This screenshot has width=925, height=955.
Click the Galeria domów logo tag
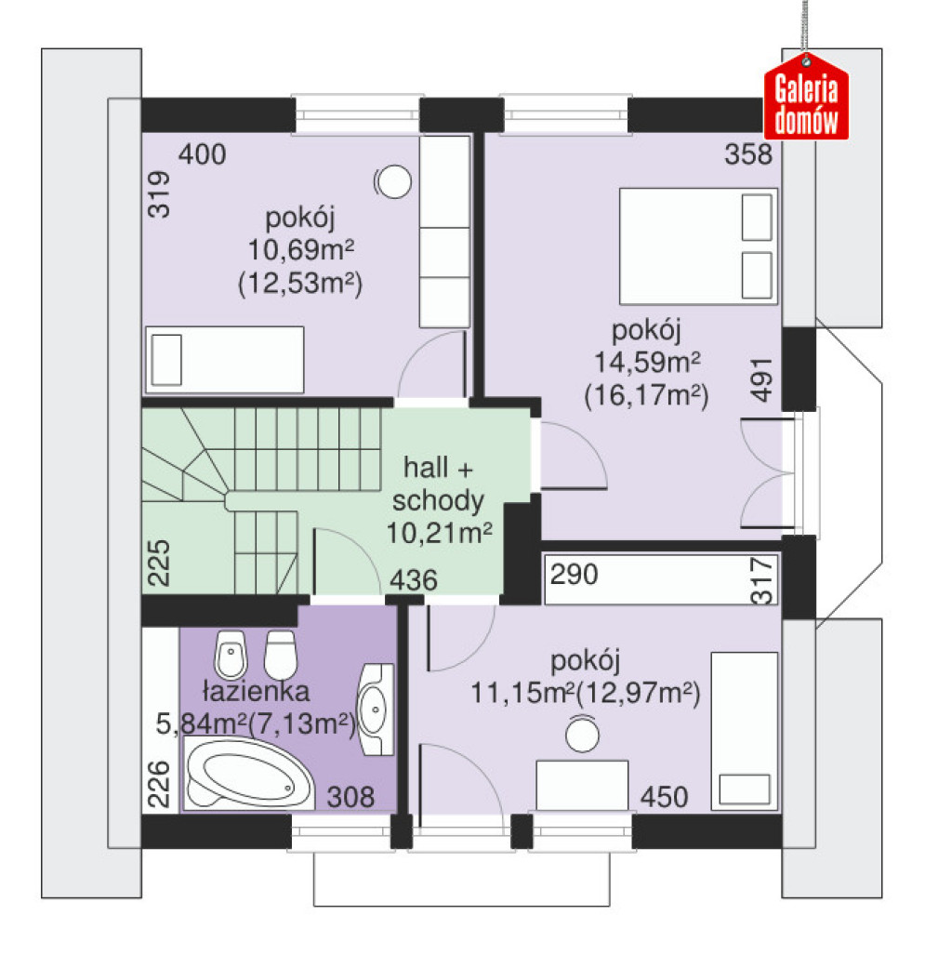(x=806, y=98)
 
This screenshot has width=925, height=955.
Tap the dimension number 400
(x=202, y=154)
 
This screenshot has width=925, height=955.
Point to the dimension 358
(x=748, y=154)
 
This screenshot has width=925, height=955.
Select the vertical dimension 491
(x=761, y=379)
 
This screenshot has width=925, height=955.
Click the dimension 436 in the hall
(x=414, y=580)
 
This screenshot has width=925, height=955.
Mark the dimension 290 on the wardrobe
(x=575, y=575)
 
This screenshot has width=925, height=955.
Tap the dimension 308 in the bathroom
(x=350, y=797)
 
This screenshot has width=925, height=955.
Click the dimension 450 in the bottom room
(x=665, y=797)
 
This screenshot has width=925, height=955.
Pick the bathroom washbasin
(x=375, y=710)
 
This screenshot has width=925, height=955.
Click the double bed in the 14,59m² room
(x=698, y=246)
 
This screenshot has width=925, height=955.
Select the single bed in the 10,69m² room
(x=225, y=359)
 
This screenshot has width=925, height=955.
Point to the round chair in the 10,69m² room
(x=393, y=181)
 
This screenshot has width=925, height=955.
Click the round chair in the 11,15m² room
(x=582, y=734)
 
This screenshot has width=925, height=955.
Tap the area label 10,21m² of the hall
(x=440, y=533)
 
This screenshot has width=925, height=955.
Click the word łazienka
(x=256, y=691)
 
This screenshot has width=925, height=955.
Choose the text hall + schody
(x=438, y=484)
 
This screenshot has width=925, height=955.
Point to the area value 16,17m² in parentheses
(x=647, y=396)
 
